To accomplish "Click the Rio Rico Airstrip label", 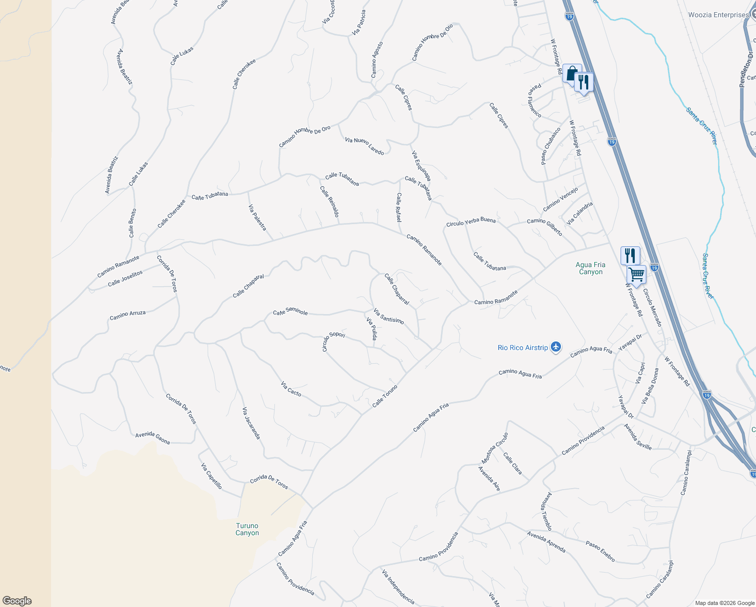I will click(523, 348).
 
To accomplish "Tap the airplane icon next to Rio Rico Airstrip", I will click(556, 347).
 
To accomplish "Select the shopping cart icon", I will click(636, 275).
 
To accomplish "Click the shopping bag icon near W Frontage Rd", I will click(572, 74).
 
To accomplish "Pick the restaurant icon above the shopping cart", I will click(630, 255).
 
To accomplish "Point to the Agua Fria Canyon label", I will click(590, 268).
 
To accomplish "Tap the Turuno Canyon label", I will click(247, 529).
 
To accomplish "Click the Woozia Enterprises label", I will click(718, 15).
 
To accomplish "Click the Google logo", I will click(17, 600).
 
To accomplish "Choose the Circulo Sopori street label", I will click(334, 341).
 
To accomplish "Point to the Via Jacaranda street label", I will click(251, 423).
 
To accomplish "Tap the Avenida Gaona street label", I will click(153, 438).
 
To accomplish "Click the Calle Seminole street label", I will click(291, 312).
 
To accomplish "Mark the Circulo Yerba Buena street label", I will click(471, 222).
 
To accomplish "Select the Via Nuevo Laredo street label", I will click(364, 146).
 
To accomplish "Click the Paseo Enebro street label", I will click(600, 551).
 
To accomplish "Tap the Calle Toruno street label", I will click(385, 396).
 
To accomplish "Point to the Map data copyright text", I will click(724, 603).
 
